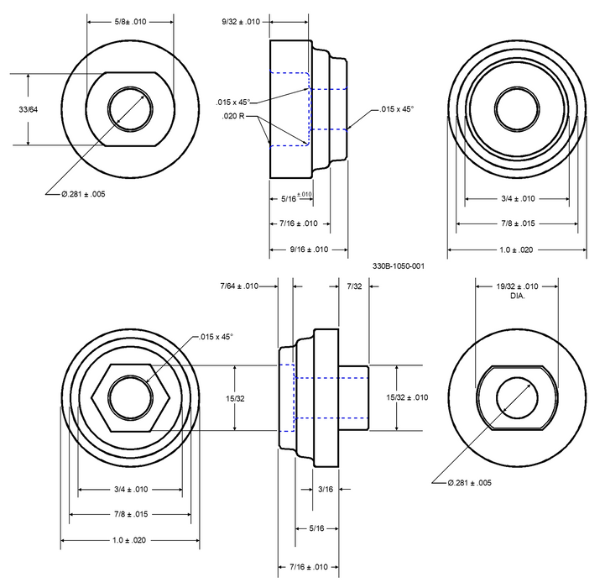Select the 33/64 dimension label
pos(28,110)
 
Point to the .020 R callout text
pos(235,115)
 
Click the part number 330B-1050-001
pos(399,266)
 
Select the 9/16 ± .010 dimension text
pos(298,249)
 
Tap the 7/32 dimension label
pos(355,286)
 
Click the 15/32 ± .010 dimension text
pos(407,397)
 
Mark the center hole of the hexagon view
pos(128,397)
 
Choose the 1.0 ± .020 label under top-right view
pos(515,250)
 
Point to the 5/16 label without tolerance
pos(316,528)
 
